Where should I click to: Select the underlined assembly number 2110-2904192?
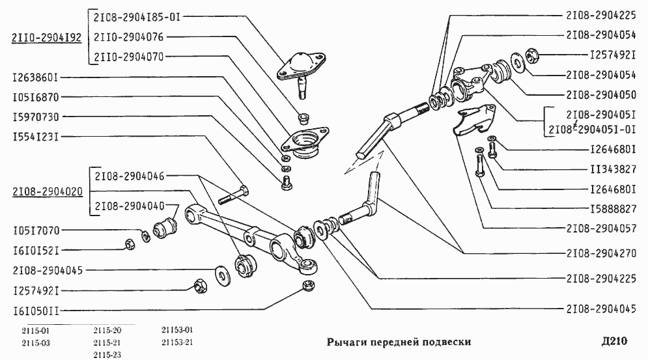(46, 38)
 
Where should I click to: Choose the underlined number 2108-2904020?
(46, 192)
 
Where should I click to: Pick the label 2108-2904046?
(129, 176)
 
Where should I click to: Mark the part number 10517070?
(36, 230)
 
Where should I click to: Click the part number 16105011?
(36, 311)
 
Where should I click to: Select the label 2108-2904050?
(600, 94)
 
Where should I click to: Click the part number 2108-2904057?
(600, 229)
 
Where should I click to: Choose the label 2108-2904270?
(600, 253)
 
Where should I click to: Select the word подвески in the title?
(445, 342)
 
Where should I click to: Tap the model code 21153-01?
(176, 330)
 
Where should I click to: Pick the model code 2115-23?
(107, 355)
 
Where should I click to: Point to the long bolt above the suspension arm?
(234, 193)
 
